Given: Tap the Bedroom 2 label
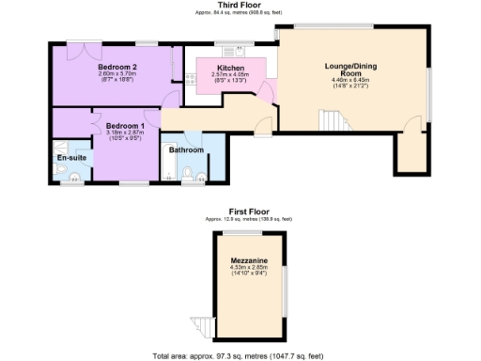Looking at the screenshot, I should tap(118, 68).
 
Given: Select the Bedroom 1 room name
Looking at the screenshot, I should tap(125, 126).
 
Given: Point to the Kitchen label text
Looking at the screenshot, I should tap(231, 69).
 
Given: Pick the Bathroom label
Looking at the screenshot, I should tap(186, 150).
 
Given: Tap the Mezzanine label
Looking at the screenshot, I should tap(248, 261).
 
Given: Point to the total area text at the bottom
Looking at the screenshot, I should tap(239, 356).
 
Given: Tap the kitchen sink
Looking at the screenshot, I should tap(229, 50).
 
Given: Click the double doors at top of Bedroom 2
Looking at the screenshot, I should tap(88, 43).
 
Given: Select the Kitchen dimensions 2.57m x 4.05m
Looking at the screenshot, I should tap(231, 75).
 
